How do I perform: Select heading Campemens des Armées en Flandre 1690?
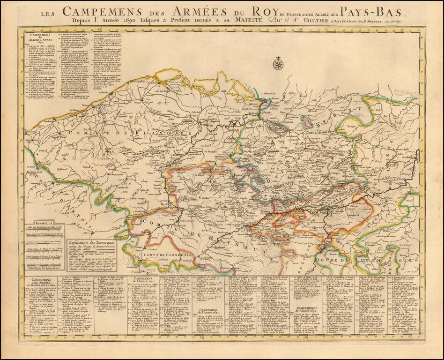click(x=38, y=283)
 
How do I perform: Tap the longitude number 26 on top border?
click(x=300, y=30)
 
